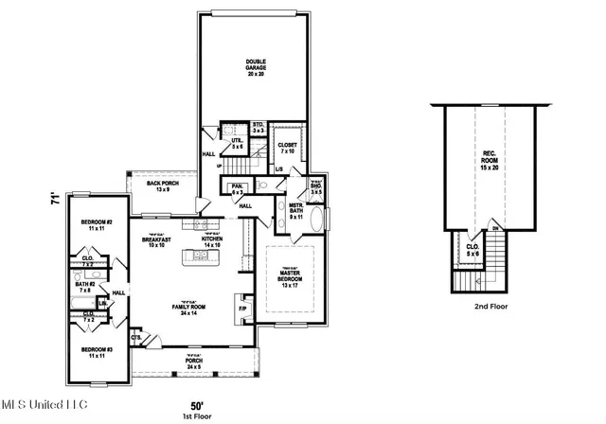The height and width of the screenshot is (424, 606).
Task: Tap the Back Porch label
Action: pyautogui.click(x=163, y=186)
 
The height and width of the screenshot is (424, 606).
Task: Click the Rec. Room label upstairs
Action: pyautogui.click(x=489, y=158)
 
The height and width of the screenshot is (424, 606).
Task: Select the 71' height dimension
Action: pyautogui.click(x=56, y=201)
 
